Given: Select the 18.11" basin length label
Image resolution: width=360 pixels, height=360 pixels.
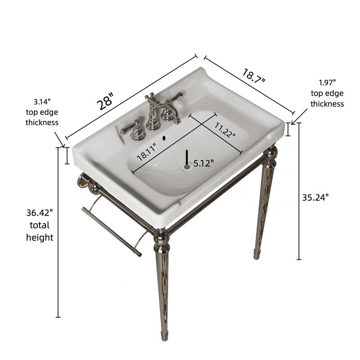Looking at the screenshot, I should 147,151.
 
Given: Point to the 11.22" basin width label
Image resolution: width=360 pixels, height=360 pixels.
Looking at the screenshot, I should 225,130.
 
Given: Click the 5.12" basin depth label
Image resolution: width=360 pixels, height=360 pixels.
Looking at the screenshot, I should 203,163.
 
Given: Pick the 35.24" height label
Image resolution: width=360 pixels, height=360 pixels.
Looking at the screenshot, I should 315,197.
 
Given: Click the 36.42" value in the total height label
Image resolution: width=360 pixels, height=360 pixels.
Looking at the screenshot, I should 40,212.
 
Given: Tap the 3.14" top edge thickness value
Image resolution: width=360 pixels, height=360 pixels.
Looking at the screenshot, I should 42,102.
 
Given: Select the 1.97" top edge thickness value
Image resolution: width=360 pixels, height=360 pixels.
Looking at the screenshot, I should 327,82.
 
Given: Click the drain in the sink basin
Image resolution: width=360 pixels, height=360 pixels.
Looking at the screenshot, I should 187,166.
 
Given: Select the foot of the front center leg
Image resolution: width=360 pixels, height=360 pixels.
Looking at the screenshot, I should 164,335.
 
